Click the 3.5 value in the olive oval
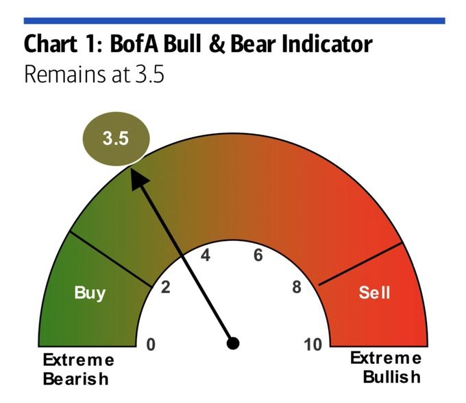coord(116,139)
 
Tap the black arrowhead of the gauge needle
coord(138,179)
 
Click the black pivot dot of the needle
coord(233,343)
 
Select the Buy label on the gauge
coord(90,292)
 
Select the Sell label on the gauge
coord(374,292)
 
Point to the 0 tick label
coord(151,345)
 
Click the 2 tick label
coord(166,288)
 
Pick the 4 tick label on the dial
coord(206,255)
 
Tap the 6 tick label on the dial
coord(258,255)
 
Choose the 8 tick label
coord(297,287)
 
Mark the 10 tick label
coord(312,345)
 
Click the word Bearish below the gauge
coord(76,379)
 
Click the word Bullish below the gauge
coord(392,377)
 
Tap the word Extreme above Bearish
coord(78,360)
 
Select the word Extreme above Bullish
coord(386,358)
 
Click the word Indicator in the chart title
coord(327,43)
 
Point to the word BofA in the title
coord(135,43)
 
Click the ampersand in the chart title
coord(217,44)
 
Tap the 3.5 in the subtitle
coord(150,74)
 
